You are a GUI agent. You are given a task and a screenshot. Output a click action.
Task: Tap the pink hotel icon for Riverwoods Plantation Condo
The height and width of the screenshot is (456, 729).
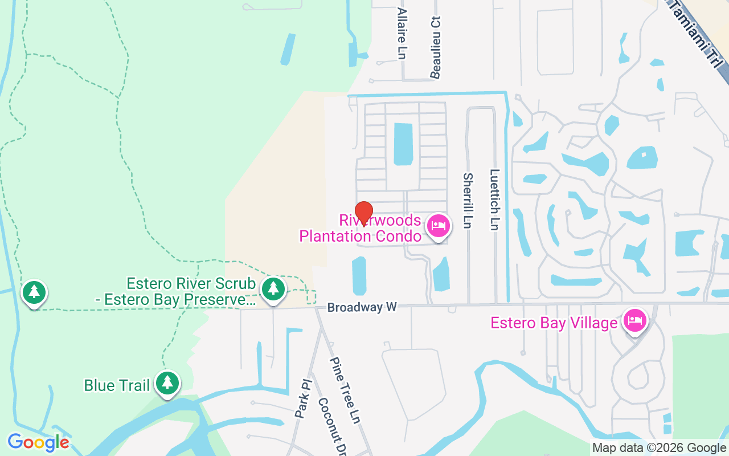click(x=438, y=226)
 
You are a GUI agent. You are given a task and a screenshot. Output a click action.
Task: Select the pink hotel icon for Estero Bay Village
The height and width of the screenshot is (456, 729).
click(x=634, y=320)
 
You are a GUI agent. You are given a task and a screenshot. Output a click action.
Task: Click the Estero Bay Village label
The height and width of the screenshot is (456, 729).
click(x=554, y=323)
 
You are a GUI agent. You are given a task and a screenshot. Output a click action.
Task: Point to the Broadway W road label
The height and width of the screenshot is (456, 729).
click(x=362, y=307)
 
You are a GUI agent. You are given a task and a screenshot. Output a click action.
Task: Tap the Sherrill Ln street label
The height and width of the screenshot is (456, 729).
click(x=468, y=201)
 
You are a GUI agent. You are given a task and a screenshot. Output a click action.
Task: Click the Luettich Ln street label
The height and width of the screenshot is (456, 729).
click(x=494, y=199)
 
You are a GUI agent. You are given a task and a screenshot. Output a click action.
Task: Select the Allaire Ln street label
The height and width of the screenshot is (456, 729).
click(x=402, y=33)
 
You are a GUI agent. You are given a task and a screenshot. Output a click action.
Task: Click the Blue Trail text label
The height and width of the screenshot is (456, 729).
click(x=117, y=386)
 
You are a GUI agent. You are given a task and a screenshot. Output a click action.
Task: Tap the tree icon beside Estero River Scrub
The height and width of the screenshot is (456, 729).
click(x=273, y=288)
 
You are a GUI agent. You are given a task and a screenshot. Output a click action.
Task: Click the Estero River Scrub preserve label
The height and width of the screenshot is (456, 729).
click(x=191, y=291)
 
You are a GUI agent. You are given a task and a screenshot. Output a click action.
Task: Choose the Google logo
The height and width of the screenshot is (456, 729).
click(x=38, y=442)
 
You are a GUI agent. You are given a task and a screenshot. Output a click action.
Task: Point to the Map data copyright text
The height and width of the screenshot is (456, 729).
click(x=659, y=448)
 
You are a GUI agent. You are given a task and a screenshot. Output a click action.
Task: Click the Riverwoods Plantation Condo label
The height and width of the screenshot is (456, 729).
click(x=361, y=228)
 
